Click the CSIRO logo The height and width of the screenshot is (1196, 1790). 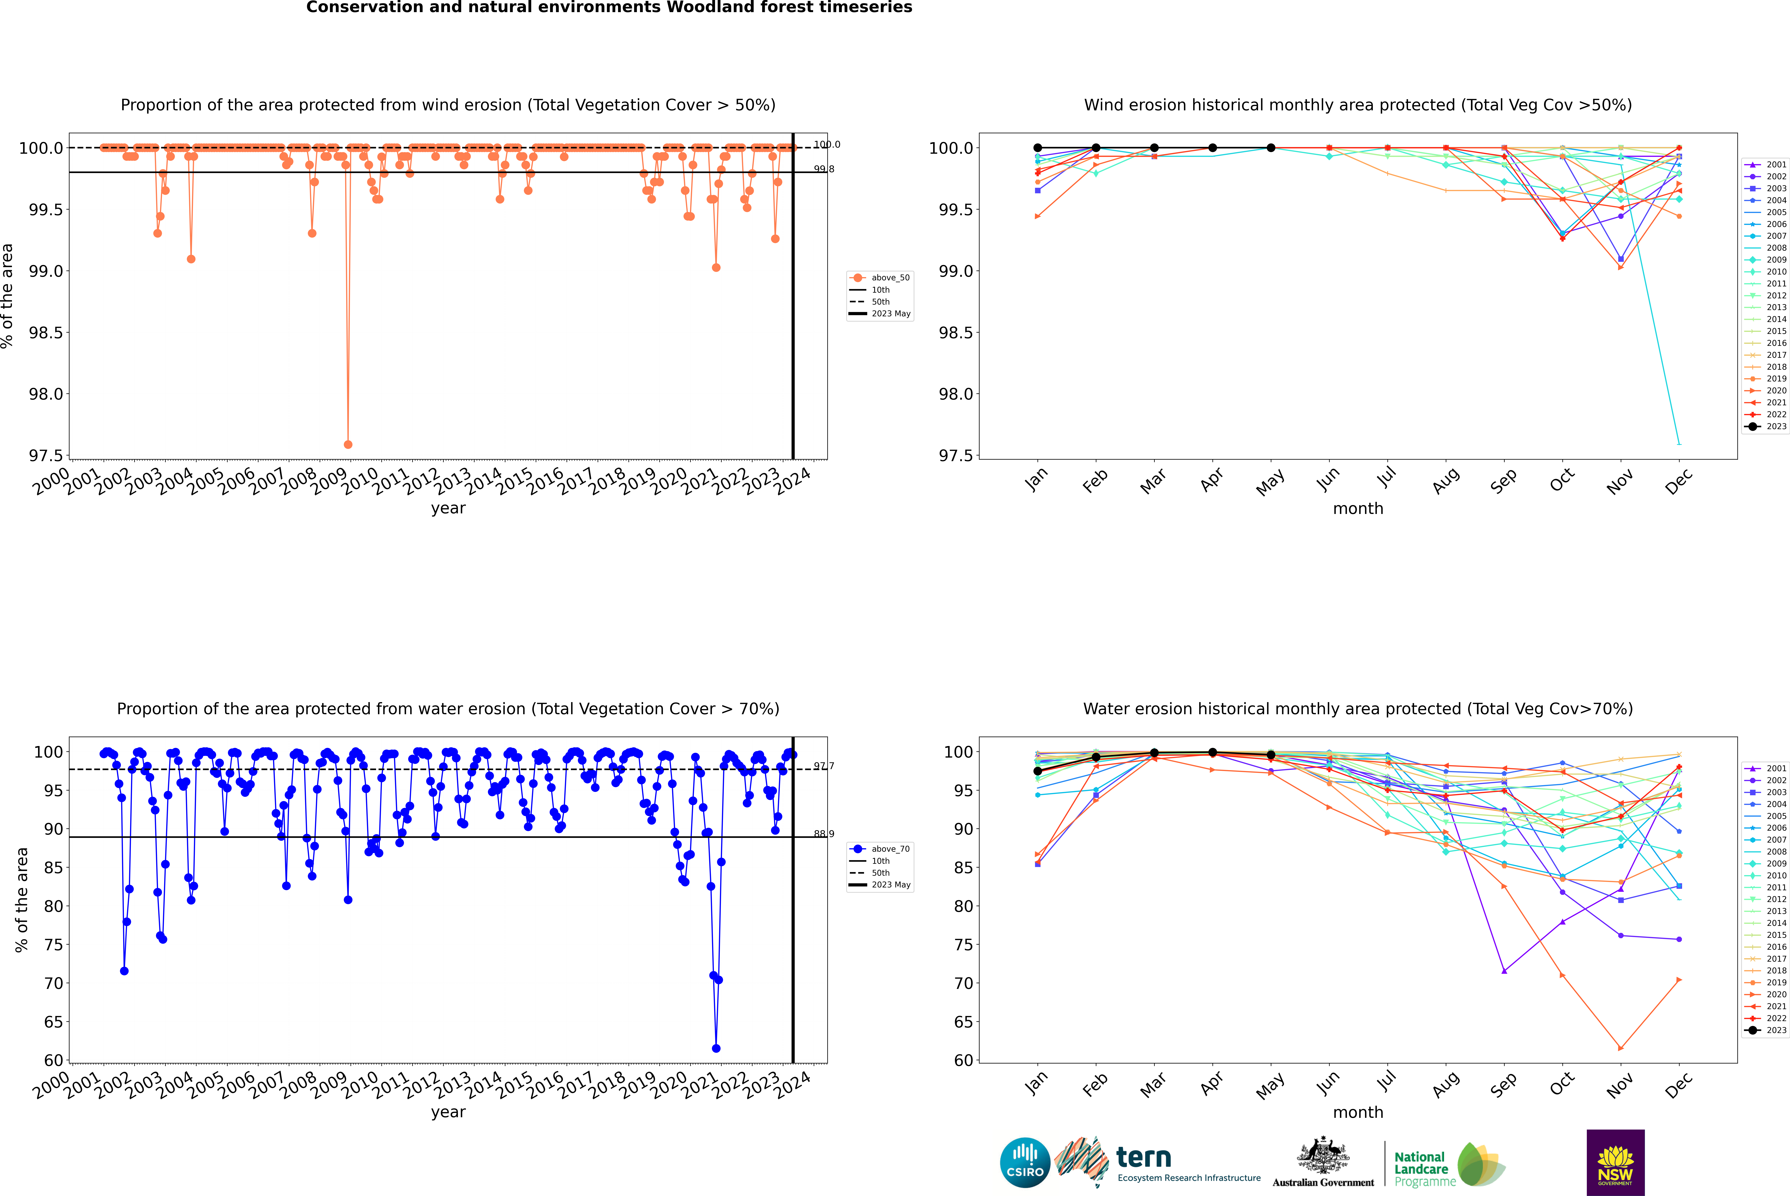coord(1025,1162)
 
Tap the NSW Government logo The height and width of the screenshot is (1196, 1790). coord(1615,1162)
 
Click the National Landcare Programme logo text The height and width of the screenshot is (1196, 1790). coord(1421,1169)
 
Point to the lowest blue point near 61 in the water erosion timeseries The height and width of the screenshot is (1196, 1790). coord(716,1048)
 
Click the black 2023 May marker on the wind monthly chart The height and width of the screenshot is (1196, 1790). coord(1270,148)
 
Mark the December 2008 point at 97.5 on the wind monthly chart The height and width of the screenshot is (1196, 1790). coord(1679,443)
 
